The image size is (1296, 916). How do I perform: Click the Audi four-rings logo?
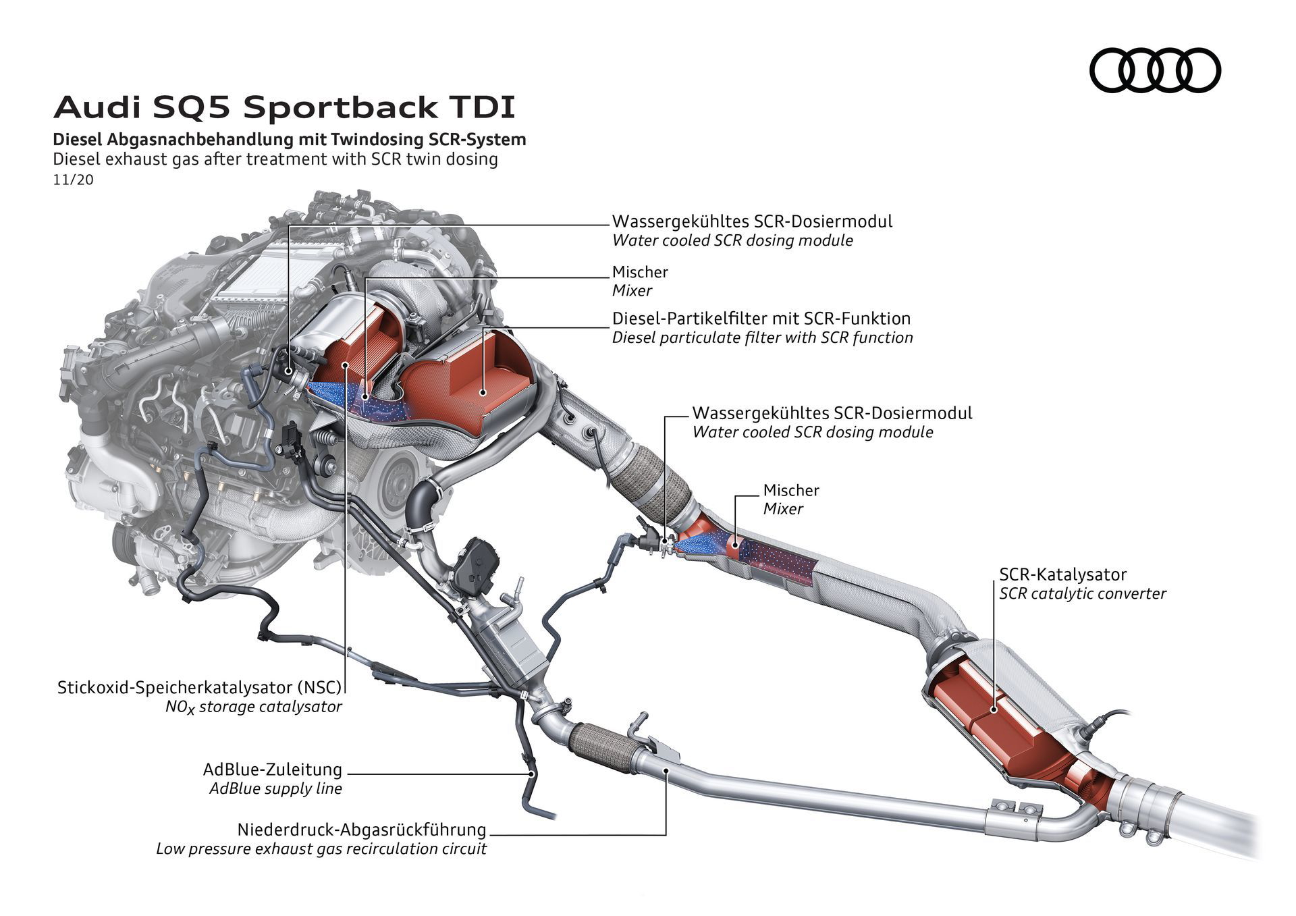click(1155, 70)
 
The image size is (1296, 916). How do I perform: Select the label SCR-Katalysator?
click(1062, 574)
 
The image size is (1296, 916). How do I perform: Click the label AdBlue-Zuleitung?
click(273, 770)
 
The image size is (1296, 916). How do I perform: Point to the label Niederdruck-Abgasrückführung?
click(361, 830)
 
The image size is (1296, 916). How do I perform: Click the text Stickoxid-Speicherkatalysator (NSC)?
click(200, 688)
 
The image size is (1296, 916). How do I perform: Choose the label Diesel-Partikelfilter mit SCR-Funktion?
click(761, 318)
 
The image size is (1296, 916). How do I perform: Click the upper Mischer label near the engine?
click(639, 272)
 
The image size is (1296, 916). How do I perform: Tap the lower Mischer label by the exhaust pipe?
click(790, 490)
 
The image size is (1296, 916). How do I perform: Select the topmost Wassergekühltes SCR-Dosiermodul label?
click(751, 221)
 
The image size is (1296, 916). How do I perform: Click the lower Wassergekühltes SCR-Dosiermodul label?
click(832, 412)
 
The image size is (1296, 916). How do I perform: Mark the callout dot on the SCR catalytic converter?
click(994, 709)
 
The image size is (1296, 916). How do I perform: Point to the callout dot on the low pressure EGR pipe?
click(666, 770)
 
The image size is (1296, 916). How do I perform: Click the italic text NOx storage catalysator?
click(253, 707)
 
